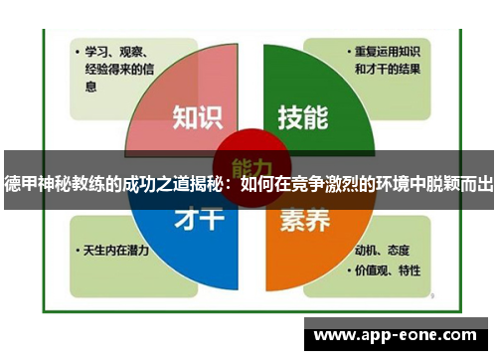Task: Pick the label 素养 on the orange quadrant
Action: pyautogui.click(x=302, y=221)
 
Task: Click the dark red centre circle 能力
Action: pyautogui.click(x=248, y=165)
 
